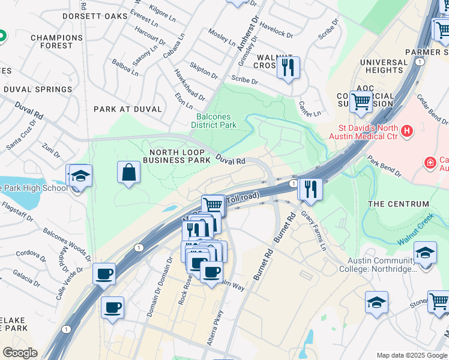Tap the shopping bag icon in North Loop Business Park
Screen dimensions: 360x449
coord(129,172)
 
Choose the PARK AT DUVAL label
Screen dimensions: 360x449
coord(128,109)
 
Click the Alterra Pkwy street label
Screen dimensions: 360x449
coord(219,328)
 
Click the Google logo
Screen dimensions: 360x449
coord(20,353)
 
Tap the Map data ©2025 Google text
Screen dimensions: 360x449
coord(411,355)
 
